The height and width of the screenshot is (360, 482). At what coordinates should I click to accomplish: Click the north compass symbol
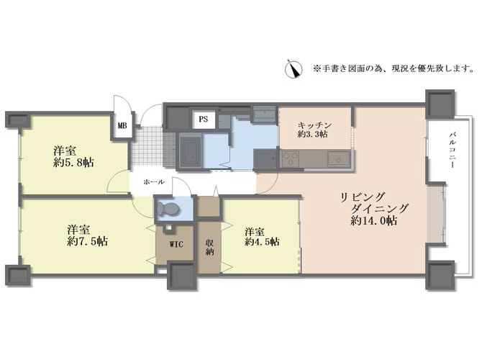(294, 69)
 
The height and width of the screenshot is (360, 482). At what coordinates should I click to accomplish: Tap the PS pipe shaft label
(203, 119)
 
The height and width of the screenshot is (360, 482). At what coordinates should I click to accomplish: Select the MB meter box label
(122, 125)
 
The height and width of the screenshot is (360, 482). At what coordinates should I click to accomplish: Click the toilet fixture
(168, 210)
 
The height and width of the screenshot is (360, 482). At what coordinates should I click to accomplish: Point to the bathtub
(188, 150)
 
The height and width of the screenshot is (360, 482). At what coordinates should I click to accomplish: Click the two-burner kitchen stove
(291, 159)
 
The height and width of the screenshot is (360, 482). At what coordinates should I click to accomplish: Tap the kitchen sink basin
(339, 158)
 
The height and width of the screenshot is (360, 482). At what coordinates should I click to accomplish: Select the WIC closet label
(176, 244)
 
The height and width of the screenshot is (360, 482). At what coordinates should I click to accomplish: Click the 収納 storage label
(209, 247)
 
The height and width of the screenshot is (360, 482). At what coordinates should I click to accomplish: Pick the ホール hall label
(154, 182)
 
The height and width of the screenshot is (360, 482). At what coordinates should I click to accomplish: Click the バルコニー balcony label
(453, 150)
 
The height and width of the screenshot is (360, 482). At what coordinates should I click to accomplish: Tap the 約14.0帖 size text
(373, 220)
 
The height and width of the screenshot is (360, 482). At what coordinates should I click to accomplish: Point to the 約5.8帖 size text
(73, 163)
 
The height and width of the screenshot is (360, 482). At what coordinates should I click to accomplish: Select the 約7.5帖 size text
(88, 241)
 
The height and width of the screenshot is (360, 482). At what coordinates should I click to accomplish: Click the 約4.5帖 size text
(262, 241)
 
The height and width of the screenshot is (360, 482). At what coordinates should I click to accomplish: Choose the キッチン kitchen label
(315, 125)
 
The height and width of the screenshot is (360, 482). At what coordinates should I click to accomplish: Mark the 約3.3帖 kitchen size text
(313, 134)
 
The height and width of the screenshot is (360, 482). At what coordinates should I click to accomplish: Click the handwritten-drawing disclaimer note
(394, 68)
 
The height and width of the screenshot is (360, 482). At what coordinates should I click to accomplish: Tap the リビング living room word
(363, 197)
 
